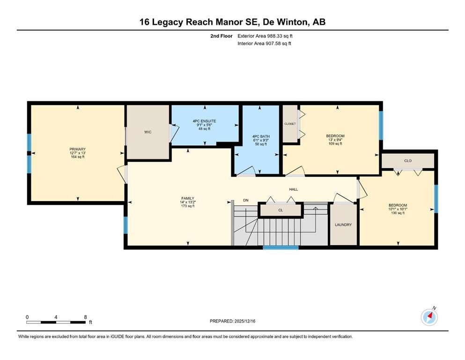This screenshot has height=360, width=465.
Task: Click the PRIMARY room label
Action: pos(78,149)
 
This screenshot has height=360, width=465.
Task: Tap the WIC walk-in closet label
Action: pos(148,132)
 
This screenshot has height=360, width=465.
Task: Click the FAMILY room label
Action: pos(188,198)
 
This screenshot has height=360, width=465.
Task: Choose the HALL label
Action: pos(293,189)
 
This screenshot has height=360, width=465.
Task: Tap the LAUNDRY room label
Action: pos(343,225)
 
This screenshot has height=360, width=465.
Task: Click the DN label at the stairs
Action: pos(245,201)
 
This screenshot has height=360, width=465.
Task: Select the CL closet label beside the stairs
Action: pos(280,210)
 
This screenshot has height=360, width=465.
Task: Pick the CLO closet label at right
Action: pos(407,161)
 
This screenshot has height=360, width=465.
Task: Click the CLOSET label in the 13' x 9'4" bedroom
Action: pos(290,124)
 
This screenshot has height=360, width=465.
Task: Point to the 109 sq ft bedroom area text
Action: pos(335,144)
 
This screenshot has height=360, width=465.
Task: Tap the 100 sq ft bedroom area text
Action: pos(398,213)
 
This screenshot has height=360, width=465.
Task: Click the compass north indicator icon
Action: pos(429,317)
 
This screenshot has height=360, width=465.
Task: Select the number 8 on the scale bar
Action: pos(85,317)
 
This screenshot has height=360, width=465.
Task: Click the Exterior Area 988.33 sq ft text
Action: pos(265,36)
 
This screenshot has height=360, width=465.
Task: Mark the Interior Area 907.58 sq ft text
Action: pos(265,44)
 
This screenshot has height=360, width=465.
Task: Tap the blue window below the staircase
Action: pos(280,247)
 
